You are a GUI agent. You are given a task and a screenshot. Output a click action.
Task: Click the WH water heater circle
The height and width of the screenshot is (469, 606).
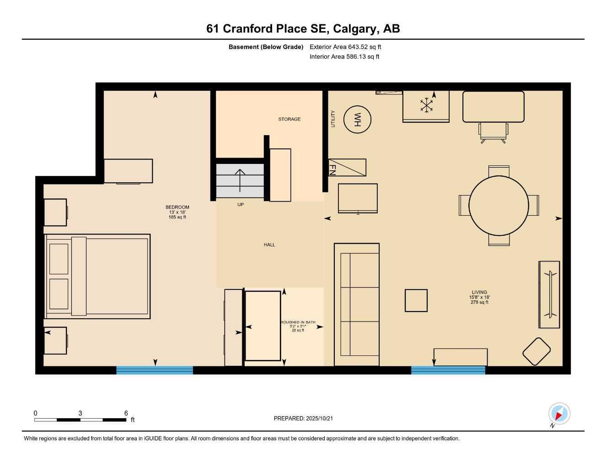click(x=357, y=120)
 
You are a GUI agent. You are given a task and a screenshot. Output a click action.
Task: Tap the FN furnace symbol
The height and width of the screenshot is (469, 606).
click(x=347, y=168)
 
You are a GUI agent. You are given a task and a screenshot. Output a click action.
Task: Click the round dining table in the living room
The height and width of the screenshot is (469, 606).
click(x=499, y=205)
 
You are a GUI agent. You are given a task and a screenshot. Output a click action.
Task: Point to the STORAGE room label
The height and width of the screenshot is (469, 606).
click(x=290, y=119)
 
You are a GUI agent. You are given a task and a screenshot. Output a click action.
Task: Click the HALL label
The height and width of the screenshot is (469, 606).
click(x=269, y=245)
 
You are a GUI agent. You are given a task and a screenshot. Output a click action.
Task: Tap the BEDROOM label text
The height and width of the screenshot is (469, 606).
click(x=177, y=207)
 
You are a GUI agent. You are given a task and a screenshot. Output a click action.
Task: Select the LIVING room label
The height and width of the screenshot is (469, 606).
click(x=479, y=292)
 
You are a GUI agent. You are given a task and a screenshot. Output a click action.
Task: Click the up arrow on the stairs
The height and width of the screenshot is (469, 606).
click(x=240, y=180)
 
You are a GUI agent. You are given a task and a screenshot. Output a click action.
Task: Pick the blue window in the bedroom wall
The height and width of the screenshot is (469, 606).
click(x=155, y=370)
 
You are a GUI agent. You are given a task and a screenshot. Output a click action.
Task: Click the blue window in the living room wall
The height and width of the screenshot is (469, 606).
click(x=448, y=370)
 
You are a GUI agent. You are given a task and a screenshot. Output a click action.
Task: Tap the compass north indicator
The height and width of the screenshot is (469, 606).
click(x=558, y=414)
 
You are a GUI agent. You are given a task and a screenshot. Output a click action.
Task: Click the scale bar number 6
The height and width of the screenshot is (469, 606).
click(x=126, y=413)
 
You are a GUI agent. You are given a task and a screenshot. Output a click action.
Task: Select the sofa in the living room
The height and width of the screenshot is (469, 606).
click(x=357, y=305)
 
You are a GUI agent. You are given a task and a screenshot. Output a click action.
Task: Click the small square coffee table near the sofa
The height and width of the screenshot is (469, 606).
click(x=416, y=300)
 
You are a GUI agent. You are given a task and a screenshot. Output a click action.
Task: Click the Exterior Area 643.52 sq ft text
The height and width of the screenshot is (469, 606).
click(x=345, y=47)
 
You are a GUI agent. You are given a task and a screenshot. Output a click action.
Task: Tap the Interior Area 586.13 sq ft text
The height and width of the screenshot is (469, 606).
click(x=344, y=57)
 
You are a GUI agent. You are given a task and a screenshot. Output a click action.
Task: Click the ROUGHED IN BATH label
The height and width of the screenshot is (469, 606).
click(x=298, y=322)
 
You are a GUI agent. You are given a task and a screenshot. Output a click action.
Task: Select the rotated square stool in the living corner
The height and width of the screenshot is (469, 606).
click(x=536, y=351)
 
